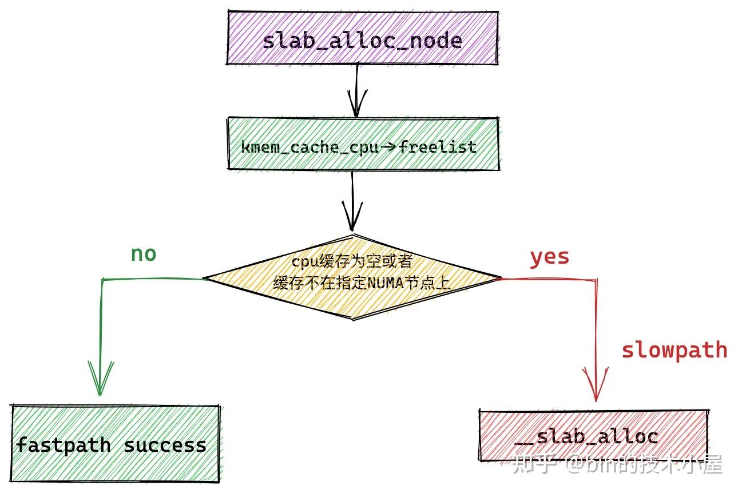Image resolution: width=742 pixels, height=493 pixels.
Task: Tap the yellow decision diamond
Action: tap(352, 278)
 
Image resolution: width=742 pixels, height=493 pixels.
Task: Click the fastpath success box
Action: tap(114, 444)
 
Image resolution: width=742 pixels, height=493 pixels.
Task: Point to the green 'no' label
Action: tap(143, 254)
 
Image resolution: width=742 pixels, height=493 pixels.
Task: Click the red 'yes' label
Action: tap(549, 257)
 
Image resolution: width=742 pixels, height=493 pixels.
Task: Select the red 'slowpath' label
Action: tap(674, 349)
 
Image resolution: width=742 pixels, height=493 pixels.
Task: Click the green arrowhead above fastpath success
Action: tap(101, 377)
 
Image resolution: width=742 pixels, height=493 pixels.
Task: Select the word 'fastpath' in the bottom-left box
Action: tap(63, 445)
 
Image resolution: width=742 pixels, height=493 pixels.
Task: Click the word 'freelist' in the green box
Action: tap(438, 147)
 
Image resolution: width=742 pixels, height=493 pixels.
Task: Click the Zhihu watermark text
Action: tap(618, 463)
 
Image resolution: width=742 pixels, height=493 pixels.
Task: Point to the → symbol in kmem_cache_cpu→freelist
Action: tap(389, 147)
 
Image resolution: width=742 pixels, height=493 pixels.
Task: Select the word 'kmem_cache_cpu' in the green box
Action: tap(310, 147)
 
